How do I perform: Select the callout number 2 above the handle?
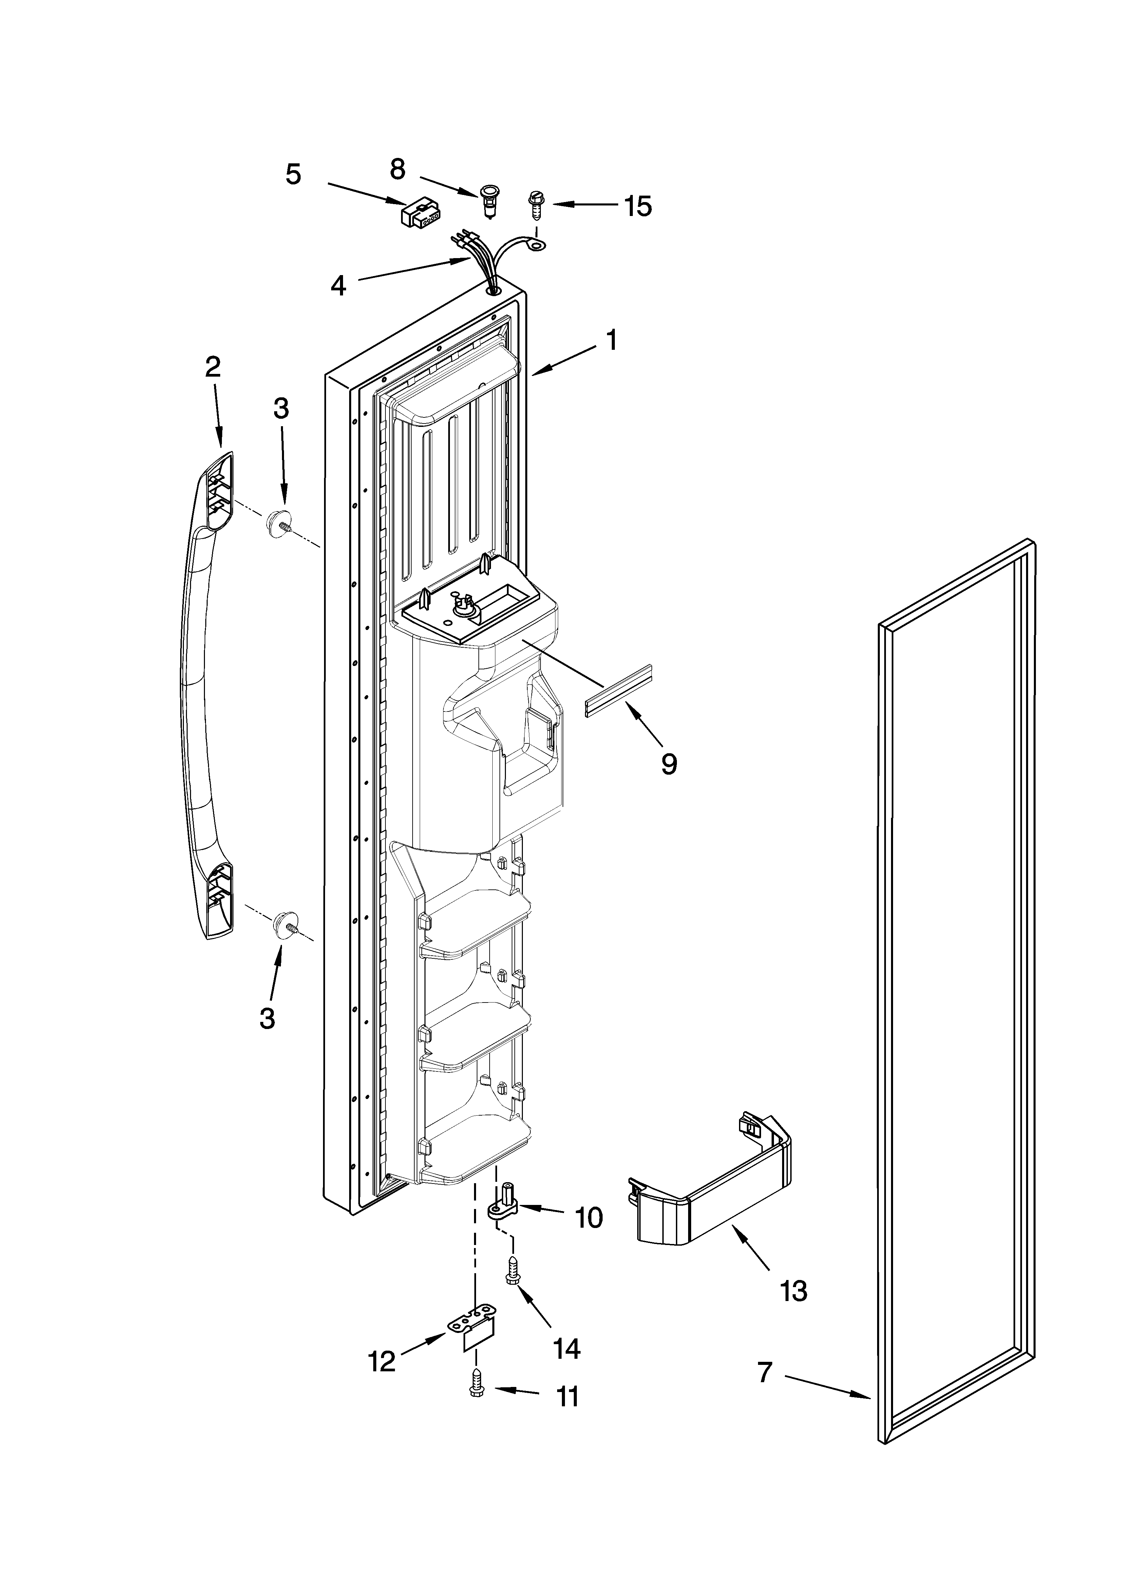(212, 366)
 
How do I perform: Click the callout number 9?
(668, 763)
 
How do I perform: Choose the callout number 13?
(794, 1291)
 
